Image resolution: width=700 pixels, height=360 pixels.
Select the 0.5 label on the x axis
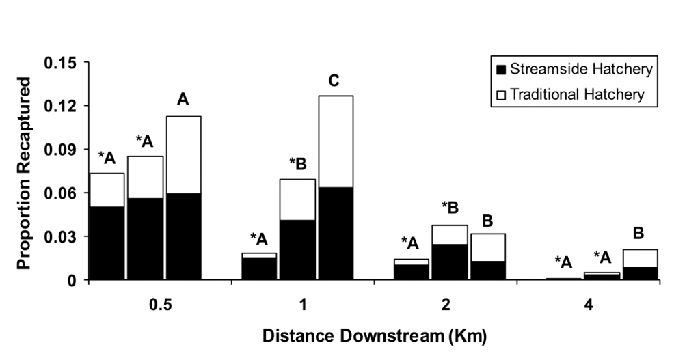click(x=160, y=306)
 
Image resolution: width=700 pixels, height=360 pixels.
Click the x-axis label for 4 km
click(x=589, y=306)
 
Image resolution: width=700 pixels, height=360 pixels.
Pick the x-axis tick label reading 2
click(x=446, y=306)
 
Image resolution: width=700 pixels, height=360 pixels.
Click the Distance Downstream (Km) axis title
click(x=374, y=336)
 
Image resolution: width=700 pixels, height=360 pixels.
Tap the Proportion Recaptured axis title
click(x=24, y=173)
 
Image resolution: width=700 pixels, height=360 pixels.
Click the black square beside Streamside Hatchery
click(x=501, y=70)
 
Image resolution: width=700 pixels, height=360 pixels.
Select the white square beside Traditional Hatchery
click(x=501, y=95)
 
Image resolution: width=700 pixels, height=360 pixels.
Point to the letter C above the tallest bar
click(x=334, y=81)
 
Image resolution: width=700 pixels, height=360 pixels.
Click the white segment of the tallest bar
click(x=336, y=142)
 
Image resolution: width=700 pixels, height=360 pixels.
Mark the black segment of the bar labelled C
click(x=336, y=234)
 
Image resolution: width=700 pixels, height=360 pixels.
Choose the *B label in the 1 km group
click(x=298, y=164)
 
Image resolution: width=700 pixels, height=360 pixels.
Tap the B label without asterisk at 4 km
click(x=639, y=234)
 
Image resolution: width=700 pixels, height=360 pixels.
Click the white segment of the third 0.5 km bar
click(x=184, y=155)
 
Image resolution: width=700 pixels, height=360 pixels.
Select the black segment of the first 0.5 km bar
click(x=107, y=244)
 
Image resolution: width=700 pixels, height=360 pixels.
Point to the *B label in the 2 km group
click(x=450, y=208)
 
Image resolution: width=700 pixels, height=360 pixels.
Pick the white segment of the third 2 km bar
click(x=488, y=247)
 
